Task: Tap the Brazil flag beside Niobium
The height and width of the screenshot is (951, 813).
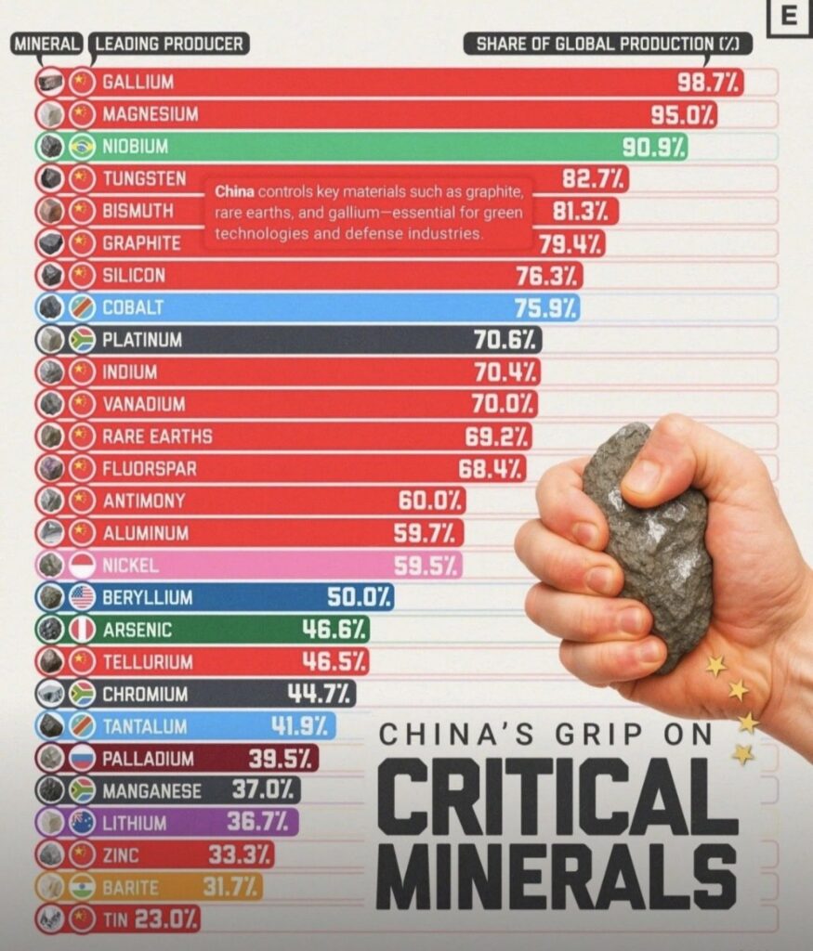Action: click(x=83, y=147)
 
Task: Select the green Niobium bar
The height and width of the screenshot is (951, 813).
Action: click(x=372, y=147)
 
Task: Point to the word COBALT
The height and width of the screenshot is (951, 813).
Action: click(x=133, y=307)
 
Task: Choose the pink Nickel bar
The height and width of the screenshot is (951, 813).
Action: click(x=279, y=565)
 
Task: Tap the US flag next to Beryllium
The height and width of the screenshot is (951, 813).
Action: click(x=83, y=597)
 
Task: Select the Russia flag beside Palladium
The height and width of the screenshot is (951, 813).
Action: click(x=83, y=758)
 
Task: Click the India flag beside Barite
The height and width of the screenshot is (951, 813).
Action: click(x=83, y=886)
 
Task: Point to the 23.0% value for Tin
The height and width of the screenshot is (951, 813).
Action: click(x=165, y=918)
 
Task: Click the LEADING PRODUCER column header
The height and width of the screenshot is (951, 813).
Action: click(x=168, y=44)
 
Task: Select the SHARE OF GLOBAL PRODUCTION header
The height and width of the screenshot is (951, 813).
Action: click(x=608, y=44)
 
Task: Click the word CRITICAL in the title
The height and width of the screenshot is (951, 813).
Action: click(x=557, y=798)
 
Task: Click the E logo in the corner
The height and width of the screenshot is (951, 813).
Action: click(x=791, y=16)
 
